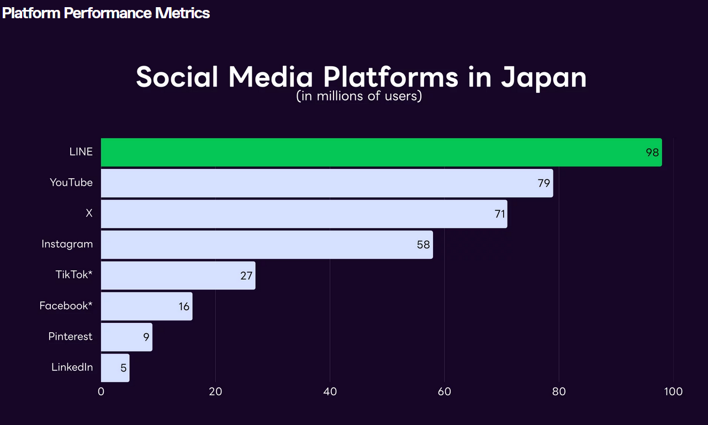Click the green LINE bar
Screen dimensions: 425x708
coord(381,152)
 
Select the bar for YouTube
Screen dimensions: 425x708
coord(326,183)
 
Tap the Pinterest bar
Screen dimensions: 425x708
coord(126,337)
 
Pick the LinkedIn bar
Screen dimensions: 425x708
coord(115,368)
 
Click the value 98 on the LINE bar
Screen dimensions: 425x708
coord(652,152)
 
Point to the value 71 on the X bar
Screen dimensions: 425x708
coord(500,214)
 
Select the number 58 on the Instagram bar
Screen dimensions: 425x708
coord(423,245)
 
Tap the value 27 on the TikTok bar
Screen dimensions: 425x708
coord(246,275)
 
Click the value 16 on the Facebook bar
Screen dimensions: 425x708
coord(184,306)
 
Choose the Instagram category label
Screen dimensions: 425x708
coord(67,244)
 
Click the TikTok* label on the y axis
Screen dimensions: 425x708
coord(74,275)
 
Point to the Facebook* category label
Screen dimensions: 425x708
coord(66,306)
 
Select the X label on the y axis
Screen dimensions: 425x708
coord(89,213)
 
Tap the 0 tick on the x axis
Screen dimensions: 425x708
coord(101,392)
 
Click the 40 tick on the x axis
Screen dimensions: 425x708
coord(330,392)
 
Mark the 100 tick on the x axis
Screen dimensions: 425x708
coord(673,392)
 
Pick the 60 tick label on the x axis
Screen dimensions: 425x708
coord(445,392)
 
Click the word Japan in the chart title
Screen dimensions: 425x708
coord(543,77)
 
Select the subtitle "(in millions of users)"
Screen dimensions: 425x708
coord(359,96)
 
